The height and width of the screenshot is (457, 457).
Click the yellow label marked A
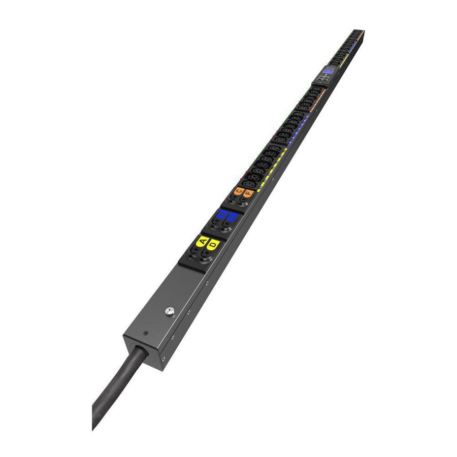[203, 241]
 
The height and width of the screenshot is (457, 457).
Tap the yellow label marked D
[214, 244]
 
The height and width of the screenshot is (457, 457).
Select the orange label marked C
[239, 191]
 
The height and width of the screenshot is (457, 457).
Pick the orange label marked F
[248, 193]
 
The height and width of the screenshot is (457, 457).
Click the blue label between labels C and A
[221, 215]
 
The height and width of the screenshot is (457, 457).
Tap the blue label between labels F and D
[232, 218]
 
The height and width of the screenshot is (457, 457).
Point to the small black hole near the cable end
[146, 334]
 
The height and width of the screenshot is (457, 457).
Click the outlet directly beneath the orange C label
[233, 200]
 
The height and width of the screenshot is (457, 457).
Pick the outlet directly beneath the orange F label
[243, 203]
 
